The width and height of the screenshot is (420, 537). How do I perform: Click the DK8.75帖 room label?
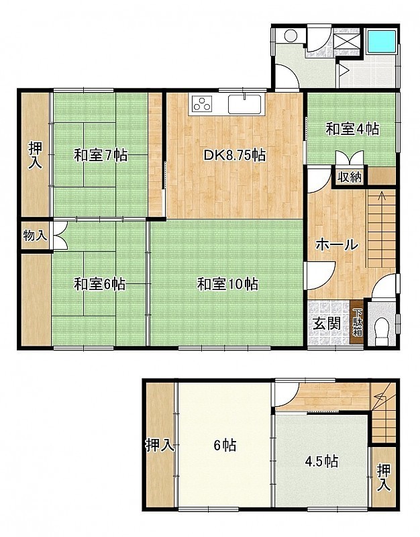click(x=234, y=156)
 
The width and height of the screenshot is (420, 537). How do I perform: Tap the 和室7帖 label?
click(x=101, y=156)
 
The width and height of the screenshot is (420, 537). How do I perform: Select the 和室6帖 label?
click(x=100, y=284)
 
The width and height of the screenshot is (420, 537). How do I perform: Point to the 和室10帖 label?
click(x=227, y=284)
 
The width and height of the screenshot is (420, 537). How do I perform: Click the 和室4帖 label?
click(x=352, y=130)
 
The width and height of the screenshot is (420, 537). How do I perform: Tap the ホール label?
click(x=337, y=245)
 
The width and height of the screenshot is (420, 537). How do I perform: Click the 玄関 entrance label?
click(x=327, y=324)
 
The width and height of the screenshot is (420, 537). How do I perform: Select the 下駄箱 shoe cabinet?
click(x=358, y=322)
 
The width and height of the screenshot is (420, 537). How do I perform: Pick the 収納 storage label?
click(x=349, y=177)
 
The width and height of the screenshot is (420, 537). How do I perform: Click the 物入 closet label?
click(x=36, y=236)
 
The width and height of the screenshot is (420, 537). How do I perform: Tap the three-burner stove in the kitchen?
click(x=202, y=103)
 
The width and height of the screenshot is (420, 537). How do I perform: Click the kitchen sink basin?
click(x=245, y=104)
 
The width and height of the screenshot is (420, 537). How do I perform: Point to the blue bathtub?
click(x=381, y=41)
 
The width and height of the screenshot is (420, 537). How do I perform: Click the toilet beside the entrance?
click(x=382, y=332)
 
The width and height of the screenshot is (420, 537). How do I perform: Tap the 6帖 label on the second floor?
click(x=225, y=446)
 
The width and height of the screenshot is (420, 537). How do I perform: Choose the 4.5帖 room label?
click(x=322, y=461)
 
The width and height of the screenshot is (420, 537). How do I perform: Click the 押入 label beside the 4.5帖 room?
click(x=384, y=477)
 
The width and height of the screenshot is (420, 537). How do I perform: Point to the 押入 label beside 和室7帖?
click(x=36, y=156)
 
